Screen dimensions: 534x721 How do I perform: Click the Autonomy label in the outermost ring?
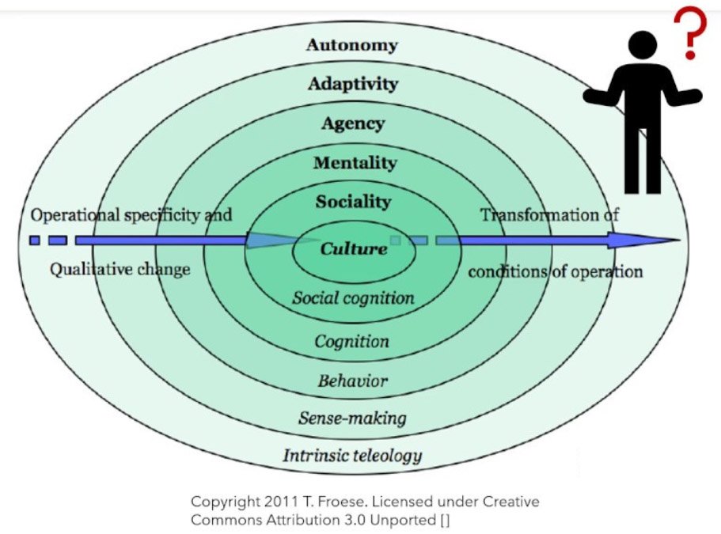coord(351,44)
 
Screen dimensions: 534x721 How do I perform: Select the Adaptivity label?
coord(353,84)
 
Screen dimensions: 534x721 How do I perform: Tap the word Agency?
coord(353,123)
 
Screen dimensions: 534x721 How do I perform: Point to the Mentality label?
coord(354,163)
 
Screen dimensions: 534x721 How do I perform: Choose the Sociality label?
coord(353,202)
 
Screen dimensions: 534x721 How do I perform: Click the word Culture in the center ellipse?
coord(354,249)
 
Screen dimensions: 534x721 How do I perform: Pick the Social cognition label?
coord(353,298)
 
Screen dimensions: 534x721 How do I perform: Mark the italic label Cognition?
coord(352,342)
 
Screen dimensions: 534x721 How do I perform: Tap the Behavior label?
coord(353,381)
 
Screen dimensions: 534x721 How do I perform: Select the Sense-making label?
coord(352,418)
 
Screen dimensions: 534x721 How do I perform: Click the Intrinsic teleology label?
coord(352,456)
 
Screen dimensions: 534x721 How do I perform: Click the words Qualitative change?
coord(120,269)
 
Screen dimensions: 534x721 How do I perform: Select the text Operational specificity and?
coord(131,214)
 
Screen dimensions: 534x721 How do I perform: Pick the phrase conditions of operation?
coord(555,271)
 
